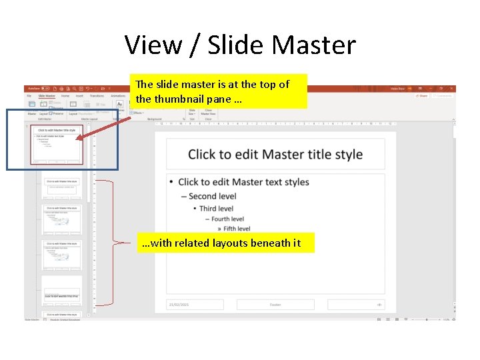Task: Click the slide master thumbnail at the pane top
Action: pos(57,144)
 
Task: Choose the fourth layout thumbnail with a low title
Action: pos(62,291)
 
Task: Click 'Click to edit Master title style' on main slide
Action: pos(275,155)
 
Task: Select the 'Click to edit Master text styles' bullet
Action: pos(243,182)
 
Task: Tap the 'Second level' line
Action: pos(212,196)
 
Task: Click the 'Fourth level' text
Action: pos(227,219)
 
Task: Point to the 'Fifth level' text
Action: pos(237,229)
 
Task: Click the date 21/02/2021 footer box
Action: pos(194,305)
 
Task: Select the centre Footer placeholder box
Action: pos(275,305)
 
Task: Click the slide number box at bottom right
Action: pos(357,305)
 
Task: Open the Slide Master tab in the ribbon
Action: pos(47,96)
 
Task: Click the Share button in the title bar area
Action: pos(421,96)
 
